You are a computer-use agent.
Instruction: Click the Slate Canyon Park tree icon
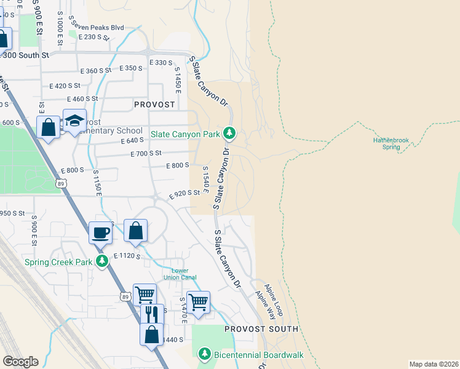(229, 132)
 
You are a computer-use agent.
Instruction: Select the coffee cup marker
(100, 233)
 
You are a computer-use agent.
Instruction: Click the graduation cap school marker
(74, 121)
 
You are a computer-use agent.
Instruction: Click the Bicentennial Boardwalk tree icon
(205, 354)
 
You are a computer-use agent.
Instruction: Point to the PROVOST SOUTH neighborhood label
(261, 329)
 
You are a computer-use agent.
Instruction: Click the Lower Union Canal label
(180, 274)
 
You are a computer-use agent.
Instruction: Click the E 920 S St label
(184, 192)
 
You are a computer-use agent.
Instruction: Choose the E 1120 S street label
(127, 255)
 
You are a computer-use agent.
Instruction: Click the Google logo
(20, 361)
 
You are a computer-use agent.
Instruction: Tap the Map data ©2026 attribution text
(434, 364)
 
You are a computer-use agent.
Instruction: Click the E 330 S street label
(161, 63)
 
